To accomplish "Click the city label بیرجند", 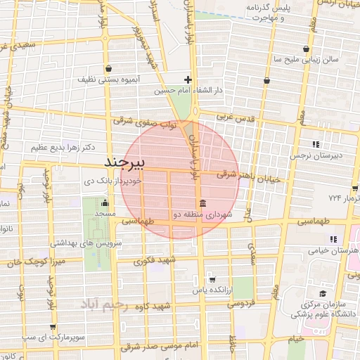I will [124, 163].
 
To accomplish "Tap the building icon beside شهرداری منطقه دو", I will [203, 202].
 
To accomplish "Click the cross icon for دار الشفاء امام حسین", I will [188, 79].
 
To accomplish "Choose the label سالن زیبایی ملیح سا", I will [306, 60].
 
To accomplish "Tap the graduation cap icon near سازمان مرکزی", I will [321, 293].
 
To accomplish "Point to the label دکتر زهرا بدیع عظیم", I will [64, 148].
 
